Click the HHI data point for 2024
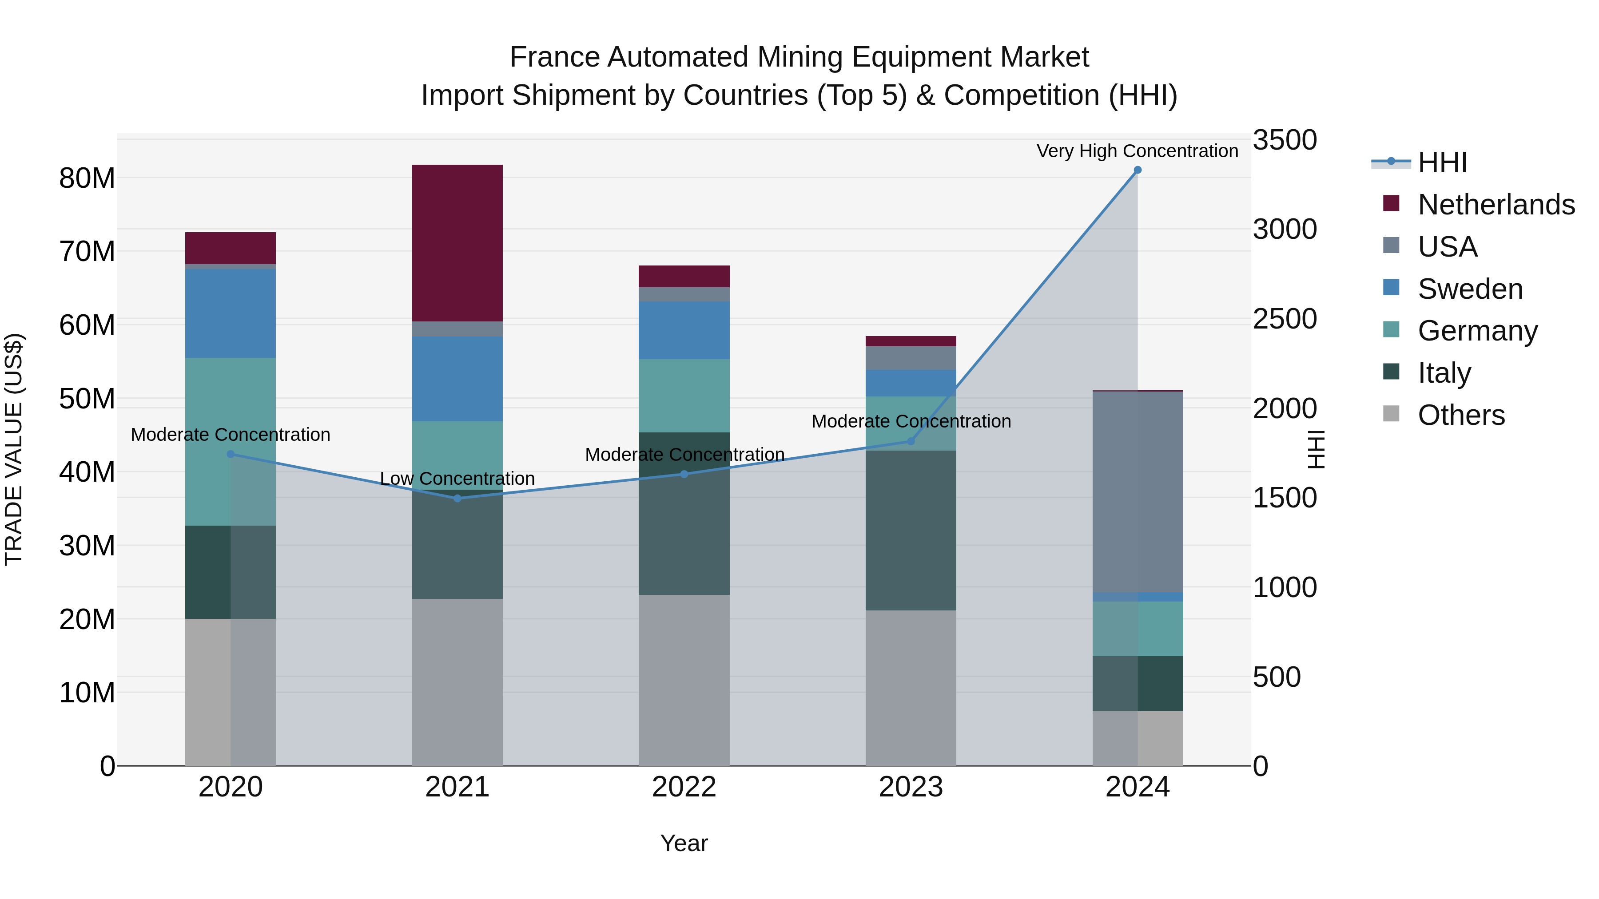(x=1137, y=170)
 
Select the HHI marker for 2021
(x=457, y=498)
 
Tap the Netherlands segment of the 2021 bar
(x=457, y=243)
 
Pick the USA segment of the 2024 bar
(x=1137, y=491)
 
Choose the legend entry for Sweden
(x=1470, y=289)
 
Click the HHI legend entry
(x=1442, y=162)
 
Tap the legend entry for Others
(x=1460, y=415)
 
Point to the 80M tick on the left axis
(x=87, y=178)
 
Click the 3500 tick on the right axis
(x=1284, y=140)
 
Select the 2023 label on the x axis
(x=911, y=787)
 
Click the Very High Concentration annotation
(x=1137, y=151)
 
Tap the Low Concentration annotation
(x=457, y=478)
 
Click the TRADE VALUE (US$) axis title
(x=14, y=449)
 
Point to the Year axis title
(x=684, y=843)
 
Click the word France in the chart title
(x=554, y=57)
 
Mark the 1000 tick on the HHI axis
(x=1284, y=587)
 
